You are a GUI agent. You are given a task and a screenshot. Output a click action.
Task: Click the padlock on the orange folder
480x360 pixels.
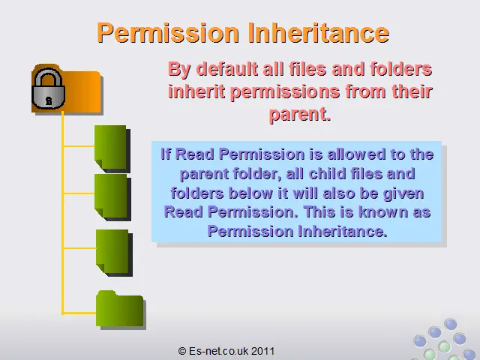pyautogui.click(x=48, y=88)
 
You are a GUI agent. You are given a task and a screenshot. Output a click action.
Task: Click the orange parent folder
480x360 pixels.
pyautogui.click(x=67, y=89)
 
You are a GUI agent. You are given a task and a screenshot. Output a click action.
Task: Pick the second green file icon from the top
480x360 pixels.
pyautogui.click(x=112, y=196)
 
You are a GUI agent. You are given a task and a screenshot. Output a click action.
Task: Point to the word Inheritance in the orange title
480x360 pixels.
pyautogui.click(x=318, y=32)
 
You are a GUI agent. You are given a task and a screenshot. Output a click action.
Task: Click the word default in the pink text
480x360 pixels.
pyautogui.click(x=227, y=68)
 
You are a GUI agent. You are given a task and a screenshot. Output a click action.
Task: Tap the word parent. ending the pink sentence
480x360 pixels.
pyautogui.click(x=300, y=114)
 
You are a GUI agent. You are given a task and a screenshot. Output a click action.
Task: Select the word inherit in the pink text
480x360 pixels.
pyautogui.click(x=196, y=91)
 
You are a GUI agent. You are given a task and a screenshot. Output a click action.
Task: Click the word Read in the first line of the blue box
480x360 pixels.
pyautogui.click(x=195, y=154)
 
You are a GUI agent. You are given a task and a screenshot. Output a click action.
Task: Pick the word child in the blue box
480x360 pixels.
pyautogui.click(x=328, y=173)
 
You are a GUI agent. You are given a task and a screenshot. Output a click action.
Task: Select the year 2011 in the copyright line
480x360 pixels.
pyautogui.click(x=263, y=351)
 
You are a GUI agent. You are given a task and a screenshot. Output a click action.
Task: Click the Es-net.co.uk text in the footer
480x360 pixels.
pyautogui.click(x=218, y=351)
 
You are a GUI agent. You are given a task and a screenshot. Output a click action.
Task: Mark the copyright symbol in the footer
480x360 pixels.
pyautogui.click(x=182, y=351)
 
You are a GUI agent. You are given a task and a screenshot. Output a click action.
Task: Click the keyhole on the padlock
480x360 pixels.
pyautogui.click(x=49, y=100)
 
